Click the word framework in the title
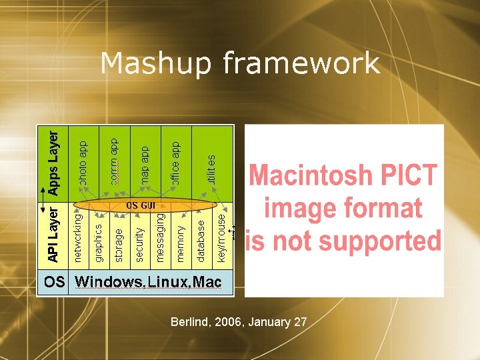pos(301,64)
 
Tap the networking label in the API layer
pos(79,237)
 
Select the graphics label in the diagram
pos(99,241)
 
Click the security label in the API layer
pos(139,243)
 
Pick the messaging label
pos(160,237)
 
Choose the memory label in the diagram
pos(181,243)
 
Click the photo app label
pos(83,163)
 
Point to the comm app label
pos(114,161)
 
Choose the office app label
pos(175,163)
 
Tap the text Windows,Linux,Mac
pos(148,282)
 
